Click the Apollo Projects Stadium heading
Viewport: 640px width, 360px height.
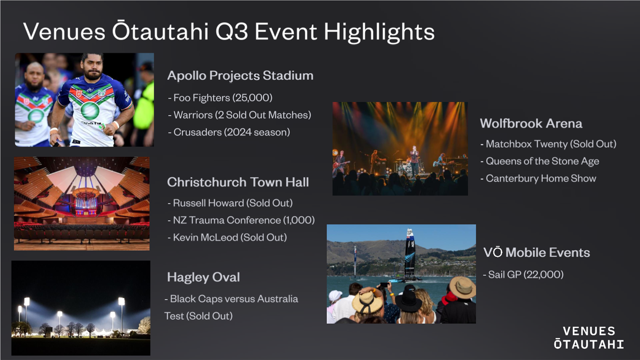coord(240,76)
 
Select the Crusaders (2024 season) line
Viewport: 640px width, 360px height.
coord(229,132)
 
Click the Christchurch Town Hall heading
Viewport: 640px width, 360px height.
coord(238,182)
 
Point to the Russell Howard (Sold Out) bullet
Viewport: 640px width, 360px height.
coord(230,203)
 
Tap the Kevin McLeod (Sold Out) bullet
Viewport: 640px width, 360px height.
coord(227,238)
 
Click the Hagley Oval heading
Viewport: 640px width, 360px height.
coord(204,277)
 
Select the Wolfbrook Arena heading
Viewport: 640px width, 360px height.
coord(531,124)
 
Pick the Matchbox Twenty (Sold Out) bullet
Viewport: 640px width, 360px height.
coord(548,144)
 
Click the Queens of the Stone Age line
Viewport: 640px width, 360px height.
coord(540,161)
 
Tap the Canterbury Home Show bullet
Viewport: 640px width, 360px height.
coord(538,179)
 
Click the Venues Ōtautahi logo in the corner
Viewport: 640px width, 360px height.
coord(589,338)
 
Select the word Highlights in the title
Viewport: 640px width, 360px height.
coord(379,32)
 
